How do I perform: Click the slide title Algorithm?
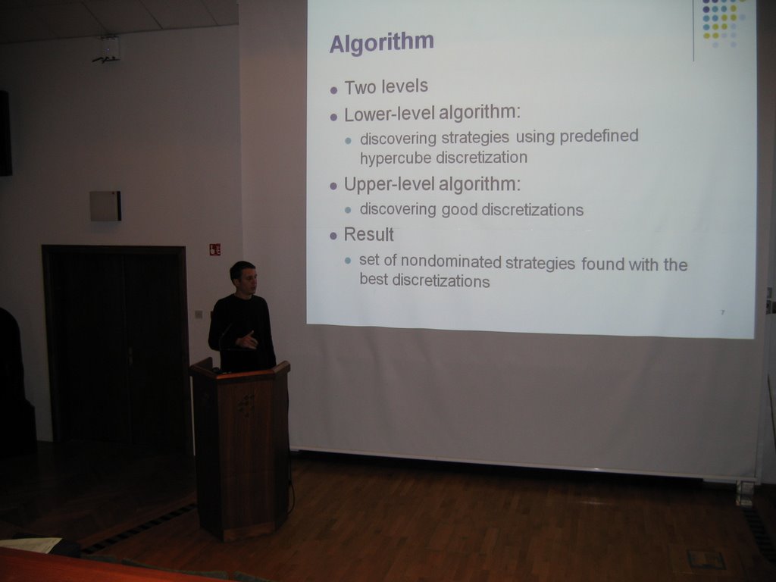pos(382,43)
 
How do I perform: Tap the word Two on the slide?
pos(361,88)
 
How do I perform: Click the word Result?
pos(369,235)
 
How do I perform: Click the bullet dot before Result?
pos(333,236)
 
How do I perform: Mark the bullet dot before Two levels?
pos(333,91)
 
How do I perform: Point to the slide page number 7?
pos(722,312)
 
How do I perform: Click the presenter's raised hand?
pos(247,339)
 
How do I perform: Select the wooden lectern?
pos(240,449)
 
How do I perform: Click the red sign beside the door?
pos(214,249)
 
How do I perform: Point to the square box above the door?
pos(105,206)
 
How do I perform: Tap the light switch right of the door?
pos(199,314)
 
